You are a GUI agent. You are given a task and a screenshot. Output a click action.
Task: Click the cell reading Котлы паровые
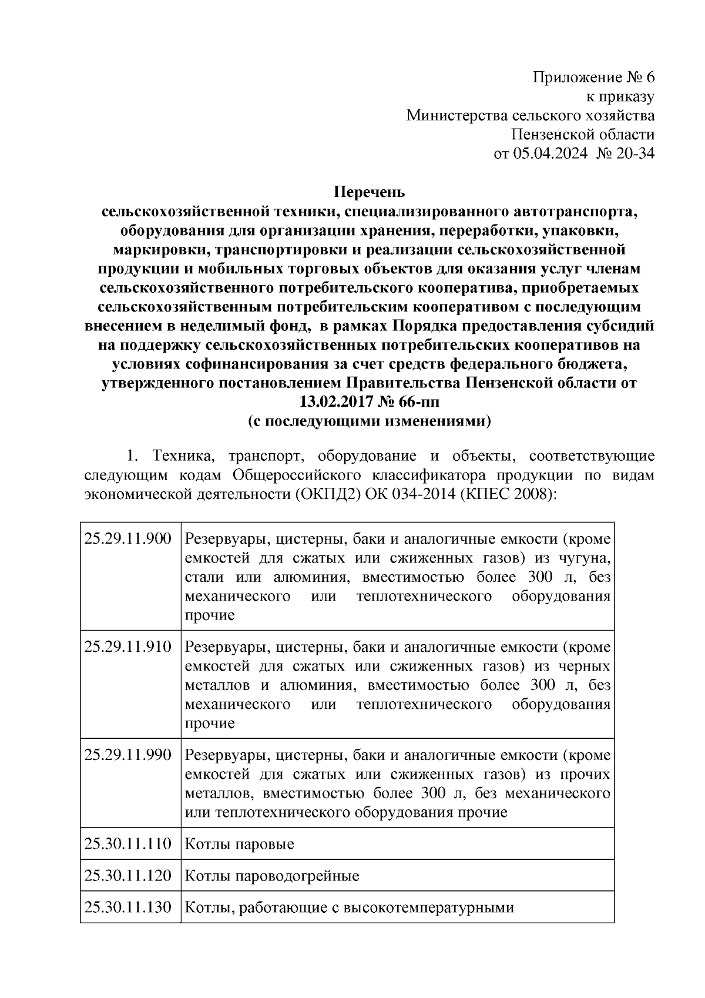tap(239, 845)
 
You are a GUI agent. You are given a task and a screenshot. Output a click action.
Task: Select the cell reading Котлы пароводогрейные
tap(271, 876)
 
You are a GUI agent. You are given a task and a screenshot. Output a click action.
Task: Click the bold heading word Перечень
tap(370, 192)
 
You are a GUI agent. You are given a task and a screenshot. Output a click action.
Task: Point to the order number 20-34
tap(635, 154)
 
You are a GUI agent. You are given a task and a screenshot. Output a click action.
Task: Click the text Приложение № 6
tap(593, 78)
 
